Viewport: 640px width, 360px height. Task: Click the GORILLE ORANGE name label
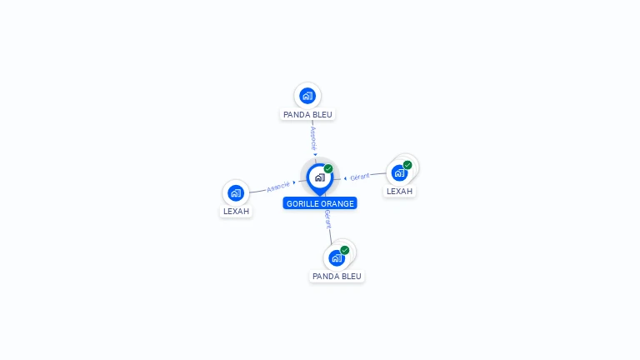(x=320, y=203)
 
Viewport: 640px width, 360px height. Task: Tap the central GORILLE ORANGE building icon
(x=319, y=177)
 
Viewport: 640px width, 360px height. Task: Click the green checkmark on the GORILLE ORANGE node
(x=328, y=168)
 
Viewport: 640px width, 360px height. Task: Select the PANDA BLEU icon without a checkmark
(x=307, y=95)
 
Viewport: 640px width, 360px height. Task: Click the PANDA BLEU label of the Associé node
(x=307, y=114)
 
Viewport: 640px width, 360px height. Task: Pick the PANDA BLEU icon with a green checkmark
(x=337, y=257)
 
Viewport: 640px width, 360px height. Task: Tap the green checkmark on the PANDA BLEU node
(x=345, y=250)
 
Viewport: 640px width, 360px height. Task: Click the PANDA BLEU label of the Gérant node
(x=337, y=276)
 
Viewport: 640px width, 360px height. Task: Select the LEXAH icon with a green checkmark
(x=399, y=172)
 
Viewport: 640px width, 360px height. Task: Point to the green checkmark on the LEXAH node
(x=407, y=165)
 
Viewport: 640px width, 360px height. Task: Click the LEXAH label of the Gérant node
(x=399, y=191)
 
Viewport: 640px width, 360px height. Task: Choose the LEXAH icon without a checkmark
(x=236, y=192)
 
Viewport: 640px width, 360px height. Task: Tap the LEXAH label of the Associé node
(x=236, y=211)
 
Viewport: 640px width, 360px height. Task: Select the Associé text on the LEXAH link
(x=278, y=186)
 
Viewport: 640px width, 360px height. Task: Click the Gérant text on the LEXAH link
(x=360, y=177)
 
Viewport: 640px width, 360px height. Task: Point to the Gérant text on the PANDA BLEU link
(x=328, y=219)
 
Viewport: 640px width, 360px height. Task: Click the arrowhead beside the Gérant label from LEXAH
(x=346, y=178)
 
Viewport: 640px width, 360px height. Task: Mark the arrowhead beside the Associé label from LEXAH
(x=294, y=182)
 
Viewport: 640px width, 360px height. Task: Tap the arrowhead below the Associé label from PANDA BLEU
(x=315, y=153)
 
